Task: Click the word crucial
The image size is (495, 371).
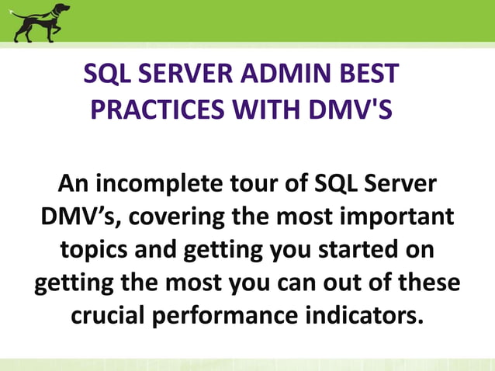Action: (x=117, y=317)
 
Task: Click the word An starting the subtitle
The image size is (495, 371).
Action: (x=74, y=185)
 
